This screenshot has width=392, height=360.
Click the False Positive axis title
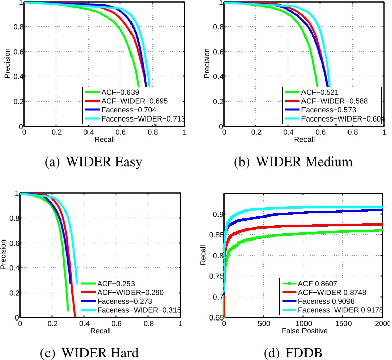303,331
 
